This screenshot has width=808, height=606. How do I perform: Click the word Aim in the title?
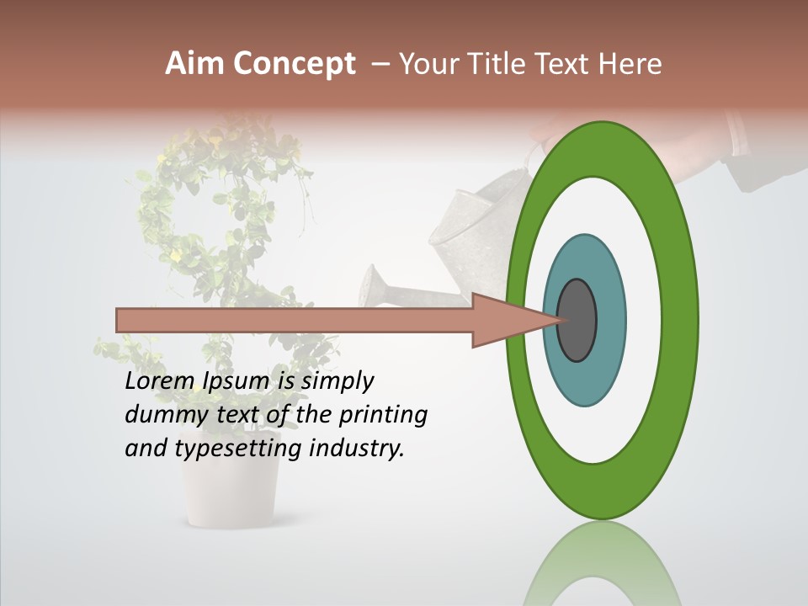point(194,64)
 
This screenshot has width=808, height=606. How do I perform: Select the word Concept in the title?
point(295,64)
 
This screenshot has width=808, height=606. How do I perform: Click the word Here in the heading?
point(630,64)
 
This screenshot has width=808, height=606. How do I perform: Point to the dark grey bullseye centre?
point(577,321)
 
